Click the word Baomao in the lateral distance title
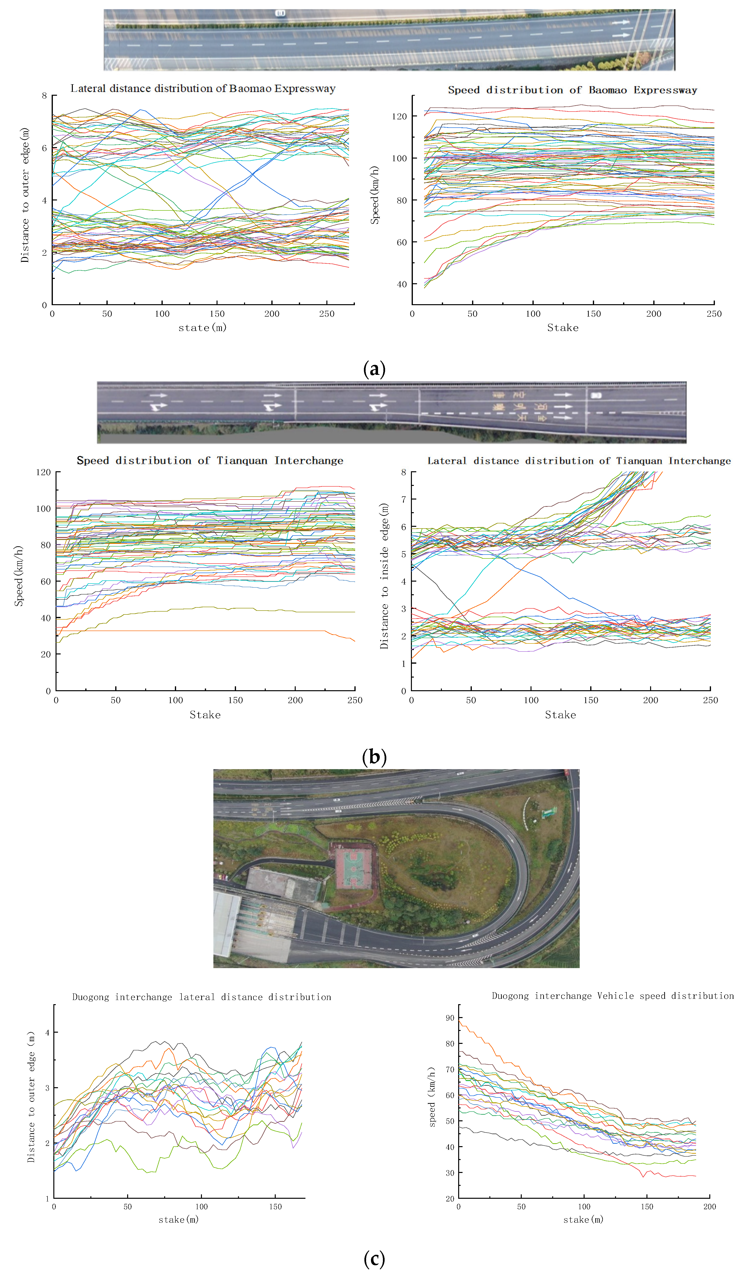click(x=251, y=89)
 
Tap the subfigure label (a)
click(x=374, y=368)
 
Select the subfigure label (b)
click(x=374, y=757)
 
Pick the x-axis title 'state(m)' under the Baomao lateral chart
click(x=202, y=328)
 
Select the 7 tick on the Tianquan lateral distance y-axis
click(x=404, y=499)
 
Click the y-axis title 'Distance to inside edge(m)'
click(x=384, y=576)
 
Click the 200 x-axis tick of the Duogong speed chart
click(x=709, y=1207)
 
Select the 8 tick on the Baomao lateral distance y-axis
click(x=44, y=96)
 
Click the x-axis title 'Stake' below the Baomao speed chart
click(x=562, y=328)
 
